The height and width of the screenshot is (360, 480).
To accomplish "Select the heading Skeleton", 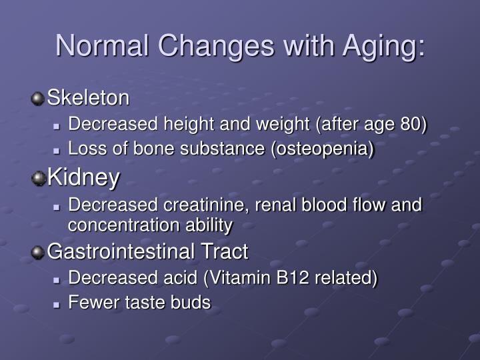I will [x=88, y=98].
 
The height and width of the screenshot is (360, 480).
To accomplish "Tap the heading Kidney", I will [x=83, y=177].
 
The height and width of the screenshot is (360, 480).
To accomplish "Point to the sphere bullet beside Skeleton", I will [x=38, y=99].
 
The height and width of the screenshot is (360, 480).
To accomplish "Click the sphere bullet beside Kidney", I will [x=39, y=178].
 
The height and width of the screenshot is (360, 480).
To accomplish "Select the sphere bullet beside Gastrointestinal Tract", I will [x=38, y=252].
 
